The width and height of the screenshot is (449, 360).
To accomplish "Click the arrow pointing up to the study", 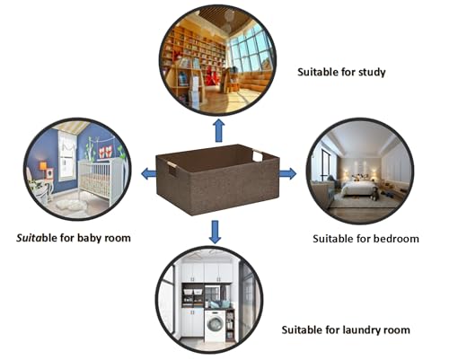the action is coord(219,130).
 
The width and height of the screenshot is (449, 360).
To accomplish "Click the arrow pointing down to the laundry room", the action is coord(215,233).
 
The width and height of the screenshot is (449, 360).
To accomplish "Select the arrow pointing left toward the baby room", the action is coord(149,173).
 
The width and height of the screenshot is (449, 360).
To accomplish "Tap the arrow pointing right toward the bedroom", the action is coord(288,173).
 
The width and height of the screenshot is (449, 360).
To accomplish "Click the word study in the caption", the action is coord(372,72).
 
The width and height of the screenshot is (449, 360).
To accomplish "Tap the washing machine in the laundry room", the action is coord(215,326).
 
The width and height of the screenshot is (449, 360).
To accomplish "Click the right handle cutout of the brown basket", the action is coord(258,155).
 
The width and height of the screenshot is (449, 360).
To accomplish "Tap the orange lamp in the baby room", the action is coord(43,167).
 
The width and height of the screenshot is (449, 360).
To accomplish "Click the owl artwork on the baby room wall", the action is coord(105,152).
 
